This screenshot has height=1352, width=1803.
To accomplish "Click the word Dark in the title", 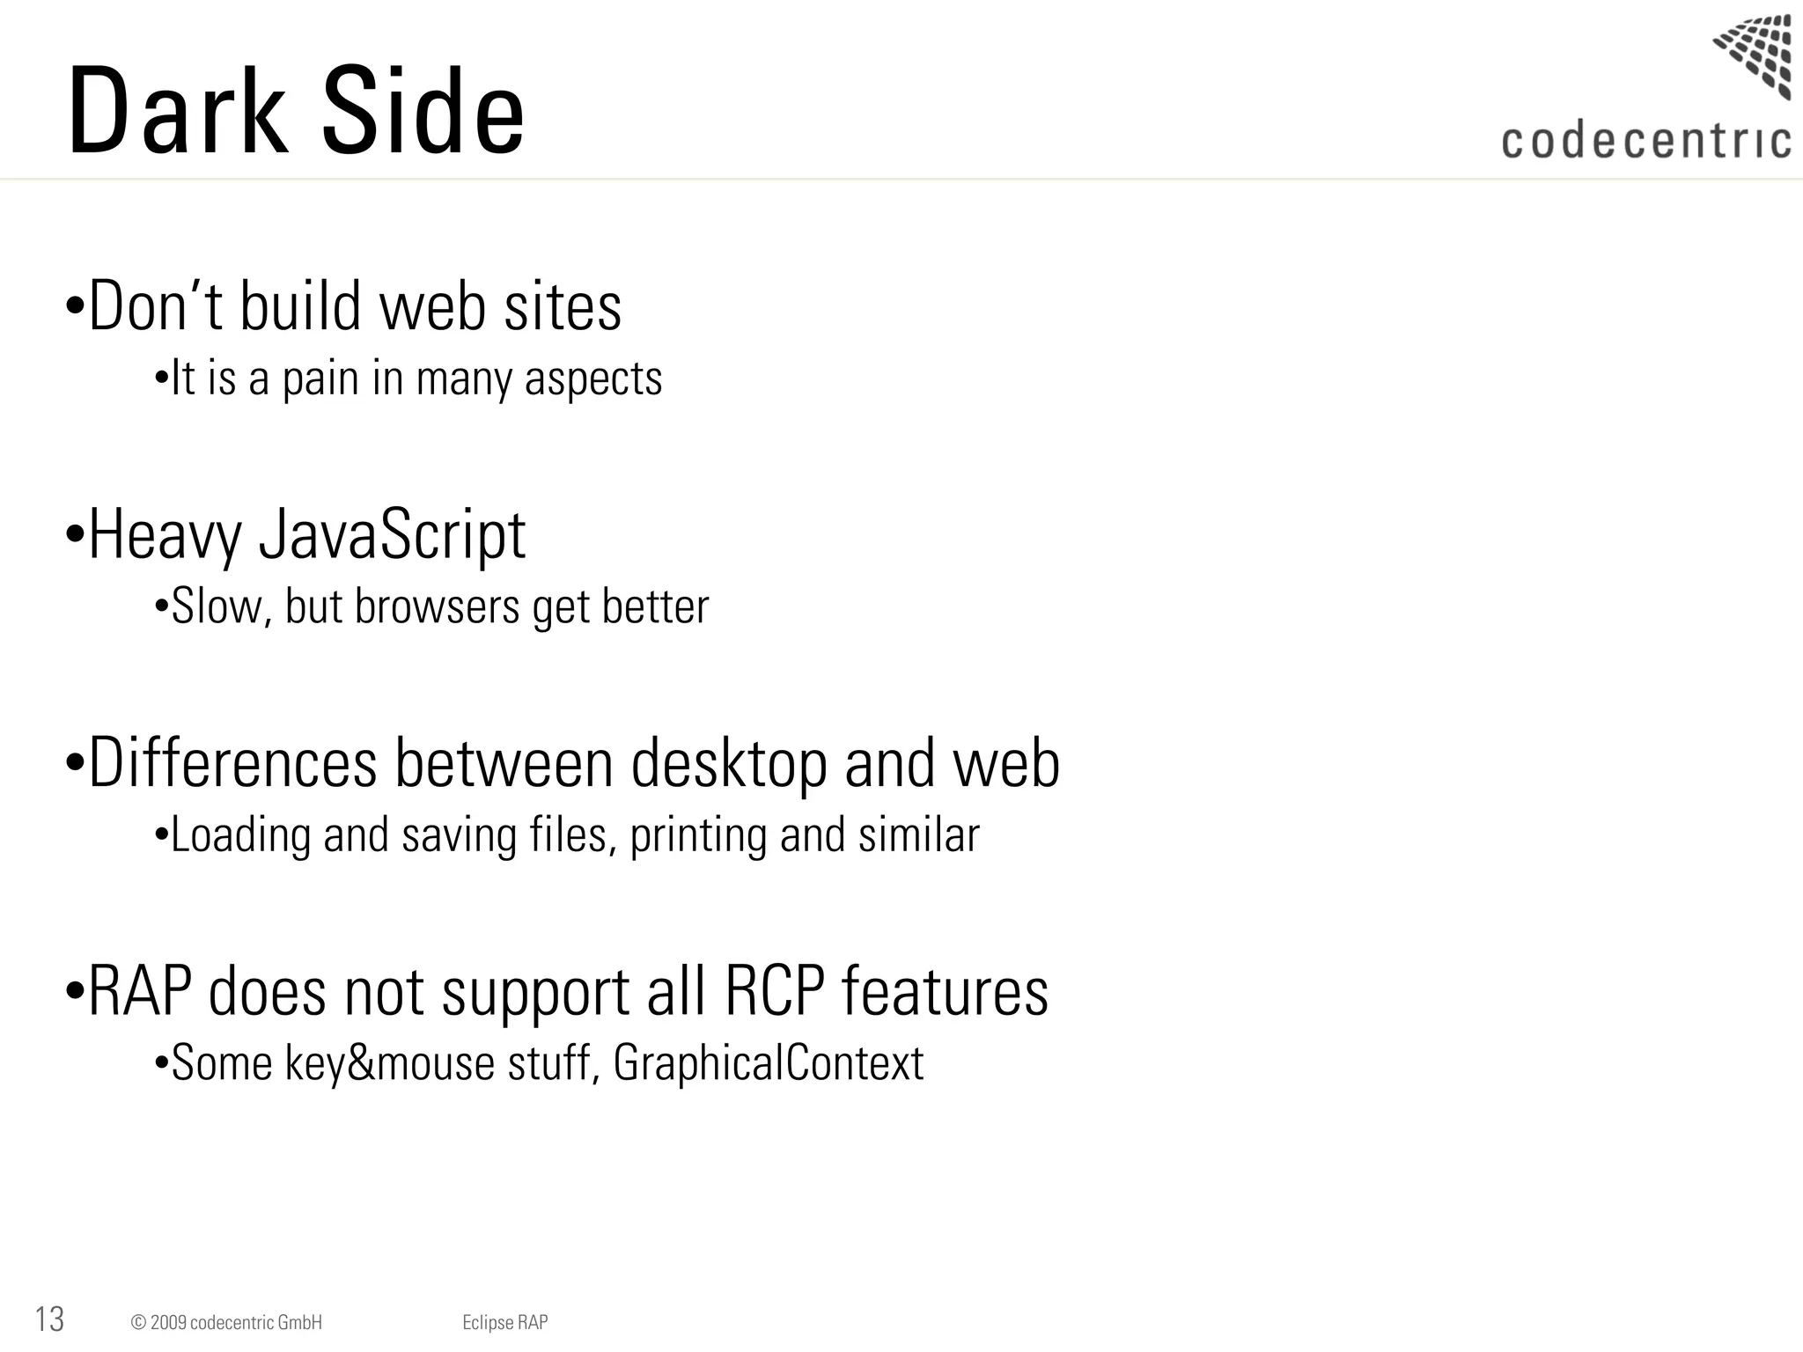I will coord(176,113).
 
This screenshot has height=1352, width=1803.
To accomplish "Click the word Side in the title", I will coord(423,113).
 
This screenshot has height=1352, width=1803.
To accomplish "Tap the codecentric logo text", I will coord(1645,142).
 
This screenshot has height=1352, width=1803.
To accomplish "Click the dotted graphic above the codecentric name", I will coord(1754,55).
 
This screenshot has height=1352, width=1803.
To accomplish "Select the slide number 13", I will coord(49,1319).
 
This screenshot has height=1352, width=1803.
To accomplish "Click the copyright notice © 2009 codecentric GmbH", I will coord(226,1322).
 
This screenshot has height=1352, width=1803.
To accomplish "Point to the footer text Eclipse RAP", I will coord(504,1322).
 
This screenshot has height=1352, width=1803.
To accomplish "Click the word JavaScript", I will coord(392,535).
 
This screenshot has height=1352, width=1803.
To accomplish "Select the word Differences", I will coord(233,763).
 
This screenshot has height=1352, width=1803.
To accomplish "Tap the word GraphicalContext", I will coord(768,1062).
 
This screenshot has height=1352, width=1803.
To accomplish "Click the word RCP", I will coord(775,991).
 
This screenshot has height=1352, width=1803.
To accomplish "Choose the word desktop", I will coord(729,763).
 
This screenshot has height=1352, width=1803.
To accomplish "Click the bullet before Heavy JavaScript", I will coord(76,534).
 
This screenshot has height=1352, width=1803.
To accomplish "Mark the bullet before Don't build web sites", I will coord(76,306).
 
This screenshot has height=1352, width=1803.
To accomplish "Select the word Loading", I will coord(240,835).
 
